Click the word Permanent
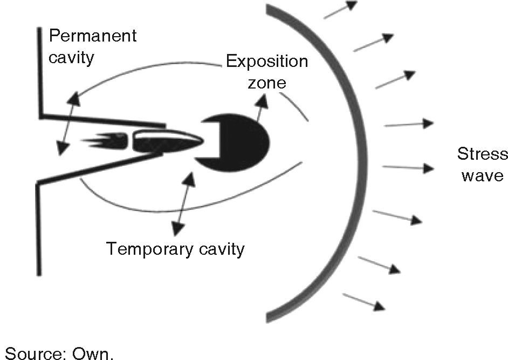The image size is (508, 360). coord(92,37)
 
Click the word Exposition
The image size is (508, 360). coord(267,61)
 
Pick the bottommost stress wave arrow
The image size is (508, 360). coord(364,302)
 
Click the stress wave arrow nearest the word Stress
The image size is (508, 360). coord(408,168)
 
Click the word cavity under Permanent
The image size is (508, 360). coord(71,57)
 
